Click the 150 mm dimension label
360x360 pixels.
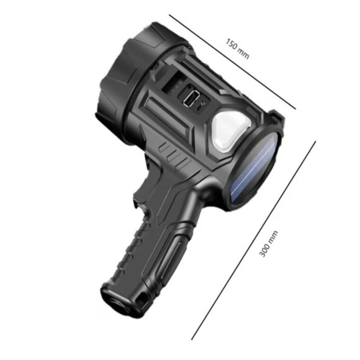pos(237,49)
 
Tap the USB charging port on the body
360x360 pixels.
pos(191,98)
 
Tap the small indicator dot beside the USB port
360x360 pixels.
pos(202,103)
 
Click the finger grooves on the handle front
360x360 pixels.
pos(128,252)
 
